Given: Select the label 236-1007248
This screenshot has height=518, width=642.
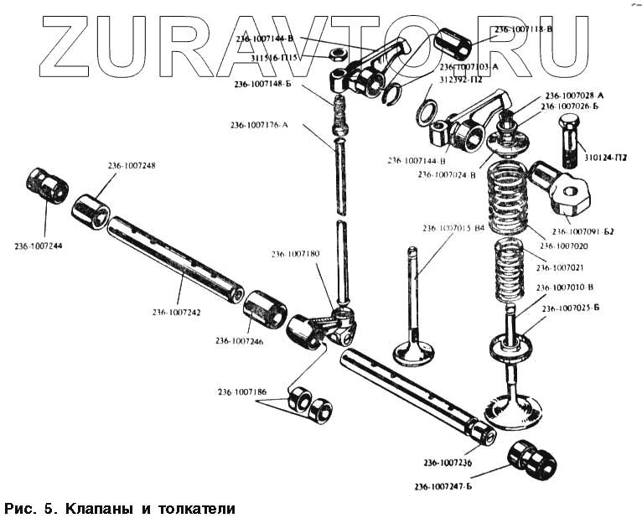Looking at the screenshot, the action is tap(131, 165).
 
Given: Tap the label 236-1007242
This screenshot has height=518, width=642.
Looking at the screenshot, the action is tap(176, 312).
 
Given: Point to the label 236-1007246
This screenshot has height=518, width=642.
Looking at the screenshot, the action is tap(239, 340).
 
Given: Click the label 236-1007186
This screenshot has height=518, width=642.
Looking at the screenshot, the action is tap(242, 391).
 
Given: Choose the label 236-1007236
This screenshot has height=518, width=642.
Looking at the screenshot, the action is tap(447, 463).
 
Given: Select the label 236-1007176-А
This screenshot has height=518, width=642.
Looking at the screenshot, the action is tap(259, 125).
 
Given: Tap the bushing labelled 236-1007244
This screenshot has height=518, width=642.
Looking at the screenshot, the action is tap(47, 185).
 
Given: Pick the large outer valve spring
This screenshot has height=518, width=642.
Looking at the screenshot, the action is tap(510, 198).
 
